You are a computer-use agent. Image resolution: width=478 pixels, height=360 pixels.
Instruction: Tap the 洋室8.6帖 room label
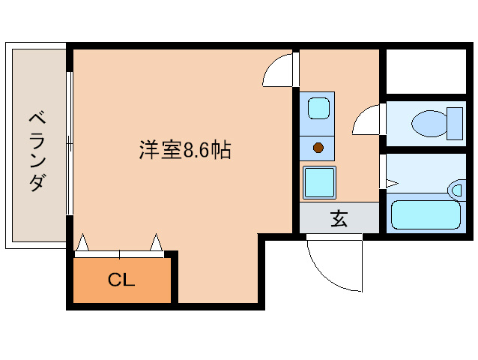184,150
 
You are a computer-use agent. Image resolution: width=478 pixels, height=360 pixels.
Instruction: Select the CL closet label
121,281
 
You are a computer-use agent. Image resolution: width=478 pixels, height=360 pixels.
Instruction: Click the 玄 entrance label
339,220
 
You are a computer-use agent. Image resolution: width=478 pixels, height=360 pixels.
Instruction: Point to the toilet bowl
429,123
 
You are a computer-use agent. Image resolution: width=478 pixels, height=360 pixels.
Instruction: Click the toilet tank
454,123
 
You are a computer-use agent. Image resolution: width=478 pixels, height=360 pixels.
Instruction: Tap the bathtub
425,214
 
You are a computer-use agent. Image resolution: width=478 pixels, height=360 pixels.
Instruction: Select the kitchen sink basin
318,107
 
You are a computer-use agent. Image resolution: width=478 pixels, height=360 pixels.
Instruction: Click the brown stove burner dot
318,147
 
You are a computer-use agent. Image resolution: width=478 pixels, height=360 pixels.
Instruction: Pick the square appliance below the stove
318,181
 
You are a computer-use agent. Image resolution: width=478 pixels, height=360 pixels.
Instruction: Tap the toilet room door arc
367,121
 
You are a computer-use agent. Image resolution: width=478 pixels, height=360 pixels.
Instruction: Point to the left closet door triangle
83,242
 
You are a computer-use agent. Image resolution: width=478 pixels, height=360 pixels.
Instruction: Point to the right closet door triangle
156,242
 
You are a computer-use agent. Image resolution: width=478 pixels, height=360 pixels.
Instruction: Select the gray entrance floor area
339,218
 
